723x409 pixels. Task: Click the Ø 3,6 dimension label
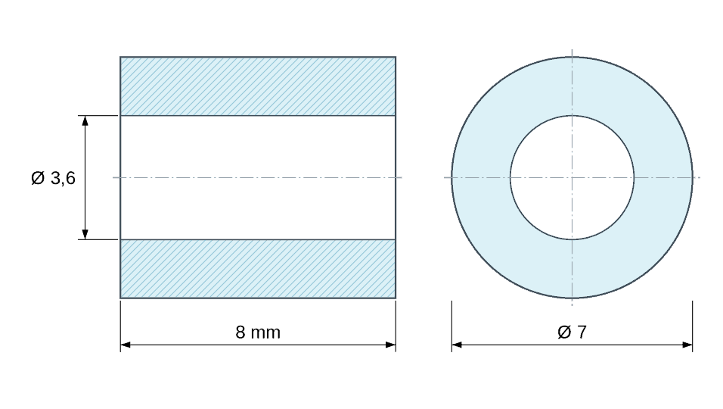tap(53, 178)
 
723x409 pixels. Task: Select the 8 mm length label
tap(258, 333)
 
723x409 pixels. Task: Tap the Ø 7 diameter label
tap(572, 332)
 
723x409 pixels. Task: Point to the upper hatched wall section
tap(258, 86)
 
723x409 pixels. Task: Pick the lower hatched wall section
tap(258, 269)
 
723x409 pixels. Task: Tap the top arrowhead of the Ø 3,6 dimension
tap(85, 120)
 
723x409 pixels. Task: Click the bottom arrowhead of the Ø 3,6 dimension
tap(85, 235)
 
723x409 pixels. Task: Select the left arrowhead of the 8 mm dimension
tap(126, 345)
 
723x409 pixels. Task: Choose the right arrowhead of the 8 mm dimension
tap(390, 345)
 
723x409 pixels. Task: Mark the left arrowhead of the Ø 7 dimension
tap(457, 345)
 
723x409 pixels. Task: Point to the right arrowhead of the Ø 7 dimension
tap(687, 345)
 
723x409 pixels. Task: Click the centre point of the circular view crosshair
tap(572, 177)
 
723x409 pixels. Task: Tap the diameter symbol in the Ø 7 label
tap(564, 332)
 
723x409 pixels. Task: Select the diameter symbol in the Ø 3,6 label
tap(38, 178)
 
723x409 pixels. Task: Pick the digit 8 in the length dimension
tap(240, 333)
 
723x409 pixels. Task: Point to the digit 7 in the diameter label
tap(582, 332)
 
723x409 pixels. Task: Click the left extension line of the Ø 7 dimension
tap(452, 326)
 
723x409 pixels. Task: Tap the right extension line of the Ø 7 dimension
tap(692, 326)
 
